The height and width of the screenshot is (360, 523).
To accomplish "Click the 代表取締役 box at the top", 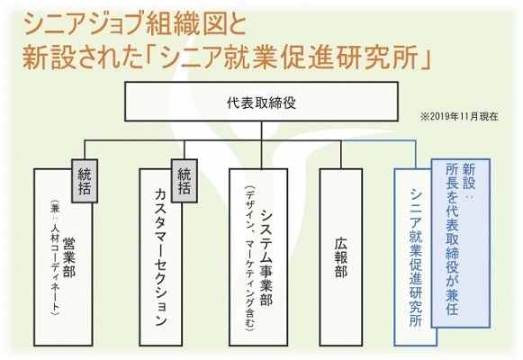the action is click(261, 102).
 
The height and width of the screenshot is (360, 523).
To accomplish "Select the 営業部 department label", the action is click(68, 257).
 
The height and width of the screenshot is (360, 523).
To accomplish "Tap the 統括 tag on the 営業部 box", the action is click(85, 181).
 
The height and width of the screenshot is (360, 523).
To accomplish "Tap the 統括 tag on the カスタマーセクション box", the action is click(185, 181).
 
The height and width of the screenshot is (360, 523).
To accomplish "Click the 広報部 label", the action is click(341, 257).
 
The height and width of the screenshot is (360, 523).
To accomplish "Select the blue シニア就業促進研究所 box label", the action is click(416, 257).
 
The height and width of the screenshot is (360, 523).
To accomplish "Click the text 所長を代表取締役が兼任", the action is click(452, 240).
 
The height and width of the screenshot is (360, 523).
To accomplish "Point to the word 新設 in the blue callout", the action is click(469, 175).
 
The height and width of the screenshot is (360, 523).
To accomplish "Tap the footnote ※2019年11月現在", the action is click(460, 117).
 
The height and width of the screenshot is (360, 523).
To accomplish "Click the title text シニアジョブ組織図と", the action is click(135, 25).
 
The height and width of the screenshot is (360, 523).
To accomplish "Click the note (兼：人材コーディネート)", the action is click(54, 257).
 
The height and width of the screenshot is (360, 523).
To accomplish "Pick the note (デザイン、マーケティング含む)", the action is click(249, 258).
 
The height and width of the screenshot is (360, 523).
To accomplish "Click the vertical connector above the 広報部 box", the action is click(341, 155).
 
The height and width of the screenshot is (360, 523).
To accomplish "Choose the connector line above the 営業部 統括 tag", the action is click(85, 149).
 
